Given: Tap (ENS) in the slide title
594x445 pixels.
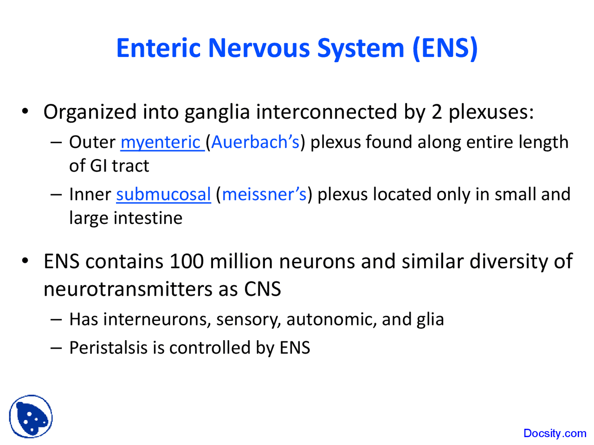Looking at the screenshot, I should (x=445, y=48).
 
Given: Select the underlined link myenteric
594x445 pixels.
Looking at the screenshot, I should (x=161, y=142).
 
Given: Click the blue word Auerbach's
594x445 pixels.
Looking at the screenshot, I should (x=255, y=142).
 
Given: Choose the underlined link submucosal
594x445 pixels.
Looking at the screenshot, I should (x=163, y=194).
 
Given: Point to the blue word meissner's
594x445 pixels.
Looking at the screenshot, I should (x=264, y=194).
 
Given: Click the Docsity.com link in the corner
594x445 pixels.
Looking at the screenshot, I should (x=555, y=433).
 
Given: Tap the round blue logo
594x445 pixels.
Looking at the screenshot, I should (x=31, y=416).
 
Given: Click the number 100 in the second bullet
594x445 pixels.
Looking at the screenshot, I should (x=186, y=261).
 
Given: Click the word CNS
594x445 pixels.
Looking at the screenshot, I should (x=262, y=289).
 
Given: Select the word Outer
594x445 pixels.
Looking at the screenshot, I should (x=92, y=142).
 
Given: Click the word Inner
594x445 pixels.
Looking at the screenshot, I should (x=90, y=194).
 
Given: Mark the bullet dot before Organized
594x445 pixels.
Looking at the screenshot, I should (x=26, y=112).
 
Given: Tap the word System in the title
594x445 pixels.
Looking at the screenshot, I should (x=361, y=48).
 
